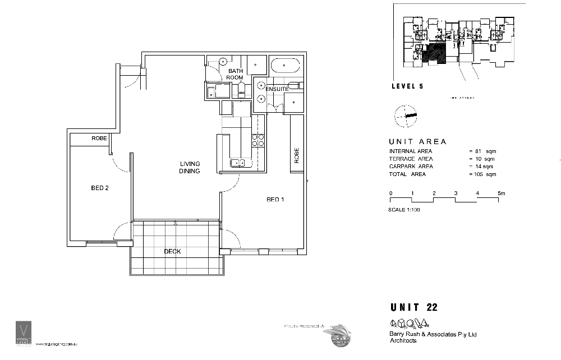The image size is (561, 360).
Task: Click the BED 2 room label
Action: click(99, 188)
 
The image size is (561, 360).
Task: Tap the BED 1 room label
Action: click(275, 199)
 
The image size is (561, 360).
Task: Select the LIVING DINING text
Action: click(190, 167)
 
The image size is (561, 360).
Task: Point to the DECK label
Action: click(172, 252)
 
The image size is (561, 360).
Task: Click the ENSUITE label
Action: click(277, 89)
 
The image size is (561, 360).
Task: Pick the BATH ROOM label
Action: click(235, 74)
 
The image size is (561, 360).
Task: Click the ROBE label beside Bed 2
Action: click(99, 139)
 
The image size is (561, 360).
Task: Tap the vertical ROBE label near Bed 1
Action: click(296, 155)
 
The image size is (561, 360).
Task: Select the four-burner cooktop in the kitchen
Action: click(257, 140)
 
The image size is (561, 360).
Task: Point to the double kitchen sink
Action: click(238, 164)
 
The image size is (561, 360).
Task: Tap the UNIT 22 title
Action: click(414, 307)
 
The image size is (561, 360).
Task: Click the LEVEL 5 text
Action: click(407, 86)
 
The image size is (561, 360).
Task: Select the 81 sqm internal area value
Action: click(486, 151)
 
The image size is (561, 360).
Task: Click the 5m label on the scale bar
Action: click(502, 193)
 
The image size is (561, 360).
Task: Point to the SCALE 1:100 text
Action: click(404, 210)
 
